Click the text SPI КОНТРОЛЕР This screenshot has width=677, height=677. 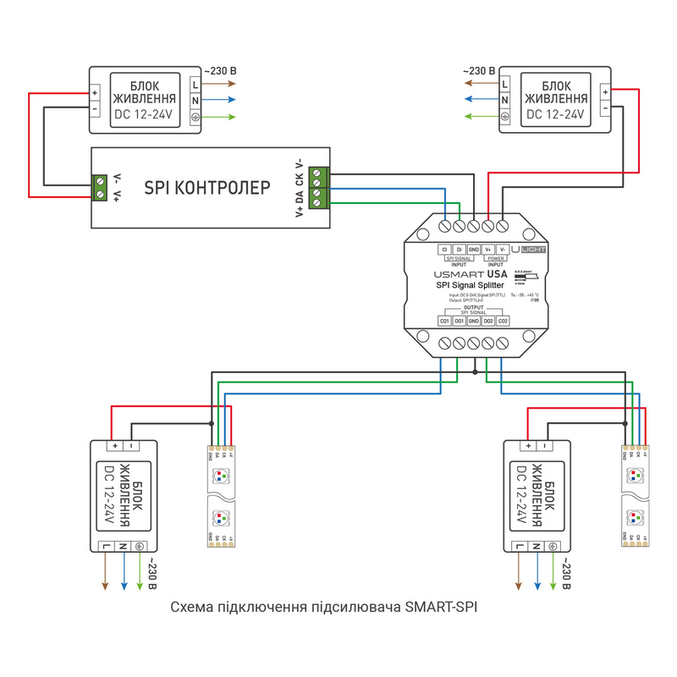[x=206, y=186]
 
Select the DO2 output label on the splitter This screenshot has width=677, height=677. [x=488, y=321]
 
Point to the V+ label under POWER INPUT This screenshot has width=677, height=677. [x=488, y=250]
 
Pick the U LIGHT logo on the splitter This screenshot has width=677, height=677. [x=532, y=250]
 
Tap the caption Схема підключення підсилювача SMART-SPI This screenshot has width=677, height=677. [x=329, y=607]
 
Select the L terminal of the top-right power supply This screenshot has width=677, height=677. [x=505, y=85]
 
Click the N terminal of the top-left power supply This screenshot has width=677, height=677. [x=195, y=101]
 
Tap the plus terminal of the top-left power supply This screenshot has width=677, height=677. [x=95, y=93]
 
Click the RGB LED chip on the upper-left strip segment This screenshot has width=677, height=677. [x=220, y=476]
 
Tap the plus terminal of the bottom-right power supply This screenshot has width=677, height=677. [x=529, y=445]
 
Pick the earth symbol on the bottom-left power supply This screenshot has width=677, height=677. [x=140, y=547]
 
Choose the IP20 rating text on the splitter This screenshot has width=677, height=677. [x=534, y=300]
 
